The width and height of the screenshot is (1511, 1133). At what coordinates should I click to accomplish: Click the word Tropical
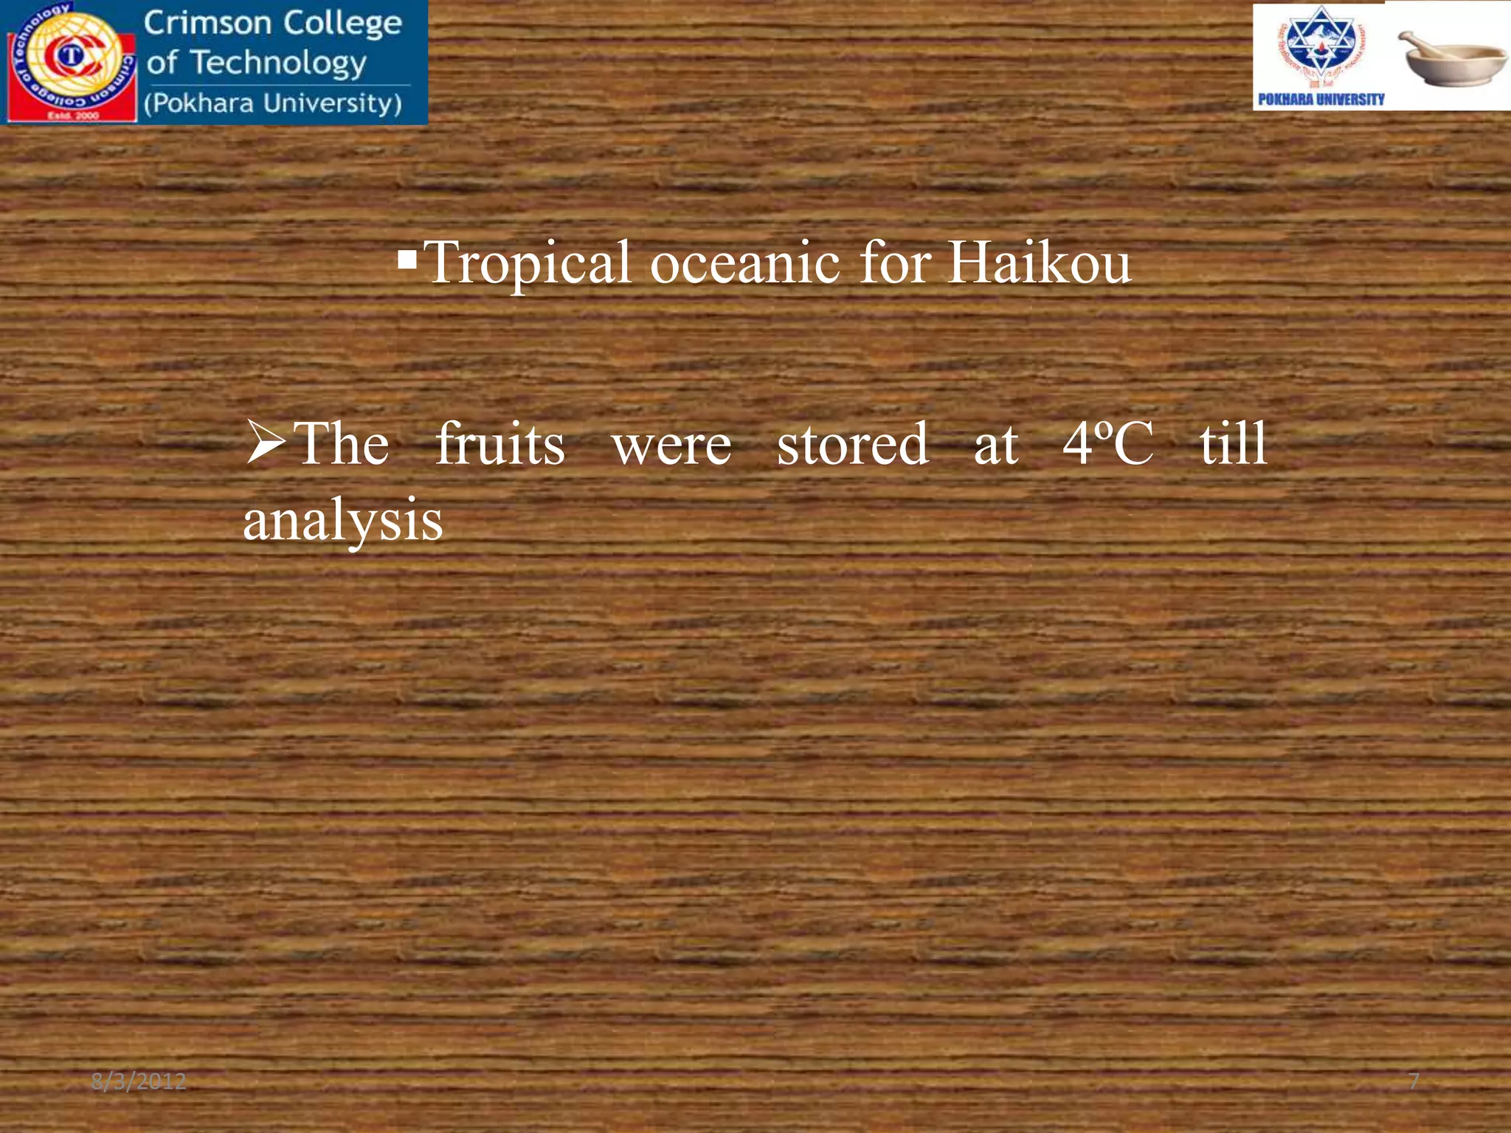528,263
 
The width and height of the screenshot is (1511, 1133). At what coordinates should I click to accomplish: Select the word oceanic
744,263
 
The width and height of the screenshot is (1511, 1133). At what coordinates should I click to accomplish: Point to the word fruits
499,444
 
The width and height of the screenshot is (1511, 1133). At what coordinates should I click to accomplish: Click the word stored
852,444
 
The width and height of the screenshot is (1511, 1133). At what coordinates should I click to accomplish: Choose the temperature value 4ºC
1107,444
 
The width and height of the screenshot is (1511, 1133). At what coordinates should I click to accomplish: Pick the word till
1233,444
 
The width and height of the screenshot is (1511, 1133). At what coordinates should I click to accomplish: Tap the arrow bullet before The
265,443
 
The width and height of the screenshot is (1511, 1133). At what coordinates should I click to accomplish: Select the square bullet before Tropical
407,259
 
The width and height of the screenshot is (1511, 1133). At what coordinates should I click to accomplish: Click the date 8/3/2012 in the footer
139,1081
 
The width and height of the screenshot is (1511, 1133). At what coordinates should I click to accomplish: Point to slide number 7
1414,1081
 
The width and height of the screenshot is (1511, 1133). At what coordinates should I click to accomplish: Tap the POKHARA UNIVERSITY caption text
1321,100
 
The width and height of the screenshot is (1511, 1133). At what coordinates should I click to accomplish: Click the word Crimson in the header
207,23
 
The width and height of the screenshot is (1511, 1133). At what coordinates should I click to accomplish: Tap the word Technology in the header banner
279,63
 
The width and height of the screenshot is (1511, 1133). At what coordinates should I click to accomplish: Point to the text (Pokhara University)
273,103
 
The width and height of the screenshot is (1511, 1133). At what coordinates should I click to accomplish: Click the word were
671,446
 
